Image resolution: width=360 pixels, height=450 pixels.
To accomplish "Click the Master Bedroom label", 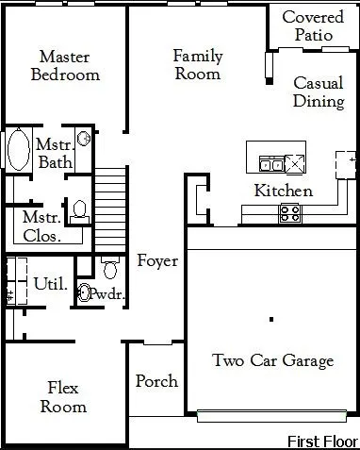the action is tap(65, 66).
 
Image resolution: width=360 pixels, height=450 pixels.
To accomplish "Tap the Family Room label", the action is tap(198, 65).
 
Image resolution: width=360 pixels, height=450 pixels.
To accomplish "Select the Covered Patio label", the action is tap(313, 25).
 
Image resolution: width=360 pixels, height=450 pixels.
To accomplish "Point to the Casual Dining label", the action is tap(319, 92).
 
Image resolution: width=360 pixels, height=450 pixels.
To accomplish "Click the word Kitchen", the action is tap(284, 191).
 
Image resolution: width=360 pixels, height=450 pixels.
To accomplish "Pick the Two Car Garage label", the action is tap(273, 360).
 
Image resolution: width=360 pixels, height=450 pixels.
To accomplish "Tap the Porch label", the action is tap(156, 381).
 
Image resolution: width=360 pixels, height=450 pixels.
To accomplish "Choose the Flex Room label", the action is tap(63, 397).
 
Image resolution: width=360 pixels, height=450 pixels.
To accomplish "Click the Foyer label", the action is tap(157, 261).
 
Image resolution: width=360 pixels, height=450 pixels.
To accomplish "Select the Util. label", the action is tap(51, 284).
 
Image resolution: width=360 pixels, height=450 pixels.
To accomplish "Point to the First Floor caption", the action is tap(323, 442).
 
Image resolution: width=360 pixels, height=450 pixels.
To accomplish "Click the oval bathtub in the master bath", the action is tap(19, 150).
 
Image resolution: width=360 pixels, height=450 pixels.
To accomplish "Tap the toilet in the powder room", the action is tap(110, 268).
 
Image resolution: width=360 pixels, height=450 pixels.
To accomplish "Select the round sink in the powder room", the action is tap(84, 292).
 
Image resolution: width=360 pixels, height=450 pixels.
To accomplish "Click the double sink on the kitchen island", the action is tap(272, 164).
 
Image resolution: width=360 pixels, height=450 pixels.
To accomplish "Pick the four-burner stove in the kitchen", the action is tap(290, 213).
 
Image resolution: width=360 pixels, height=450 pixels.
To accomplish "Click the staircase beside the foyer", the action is tap(110, 209).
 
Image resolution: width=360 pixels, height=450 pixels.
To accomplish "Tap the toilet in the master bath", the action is tap(79, 211).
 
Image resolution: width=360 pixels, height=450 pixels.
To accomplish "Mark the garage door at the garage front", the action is tap(271, 416).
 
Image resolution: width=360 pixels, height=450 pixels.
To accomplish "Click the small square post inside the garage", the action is tap(271, 320).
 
